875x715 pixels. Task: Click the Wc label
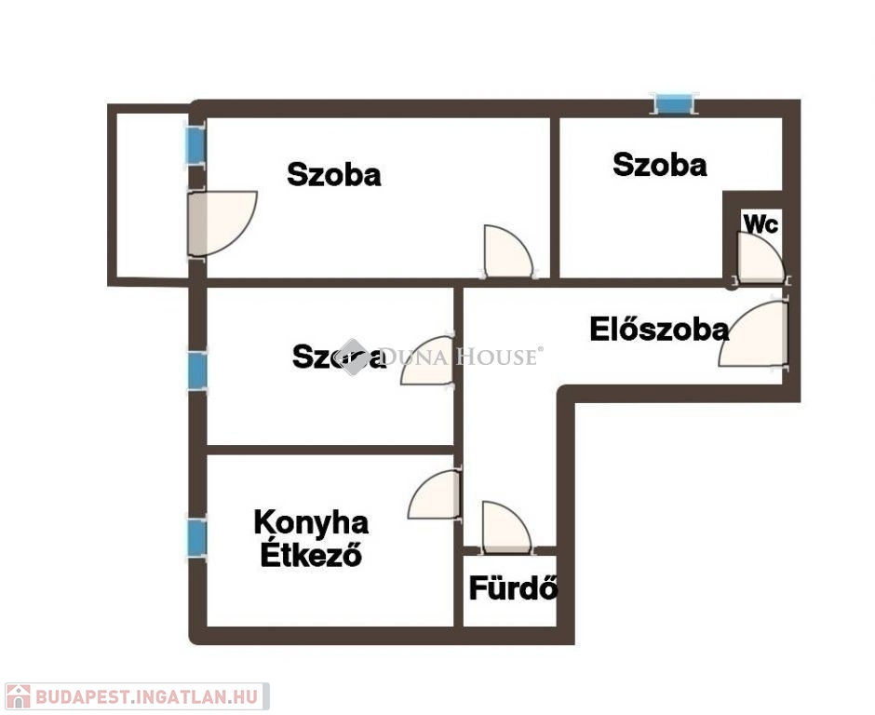[761, 223]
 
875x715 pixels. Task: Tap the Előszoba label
[659, 330]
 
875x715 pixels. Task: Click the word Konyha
[311, 523]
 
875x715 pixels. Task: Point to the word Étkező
[312, 554]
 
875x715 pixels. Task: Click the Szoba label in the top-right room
[660, 165]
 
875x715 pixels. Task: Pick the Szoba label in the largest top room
[333, 174]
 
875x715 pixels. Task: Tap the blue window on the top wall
[674, 104]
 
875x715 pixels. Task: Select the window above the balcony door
[195, 145]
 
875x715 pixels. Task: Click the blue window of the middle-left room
[197, 370]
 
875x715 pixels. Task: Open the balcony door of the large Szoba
[222, 223]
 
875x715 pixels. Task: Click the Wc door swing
[761, 257]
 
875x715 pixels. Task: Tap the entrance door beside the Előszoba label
[753, 334]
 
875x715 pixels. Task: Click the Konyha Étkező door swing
[434, 494]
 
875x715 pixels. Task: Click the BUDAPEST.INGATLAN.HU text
[147, 696]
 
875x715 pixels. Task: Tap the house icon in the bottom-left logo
[18, 696]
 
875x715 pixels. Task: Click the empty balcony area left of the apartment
[151, 195]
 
